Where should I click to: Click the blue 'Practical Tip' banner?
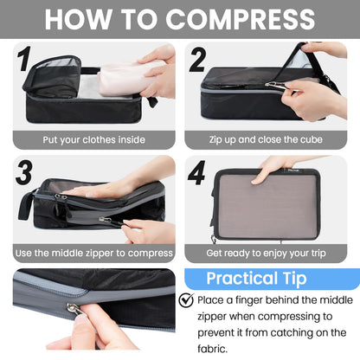click(x=268, y=280)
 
